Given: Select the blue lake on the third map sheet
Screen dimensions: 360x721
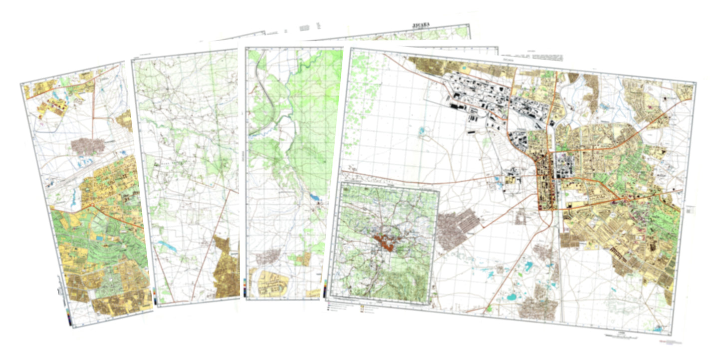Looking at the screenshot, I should pyautogui.click(x=316, y=198).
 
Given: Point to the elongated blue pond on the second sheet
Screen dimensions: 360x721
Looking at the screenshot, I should pyautogui.click(x=166, y=246).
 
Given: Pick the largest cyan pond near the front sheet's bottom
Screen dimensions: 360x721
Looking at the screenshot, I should pyautogui.click(x=511, y=298).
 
